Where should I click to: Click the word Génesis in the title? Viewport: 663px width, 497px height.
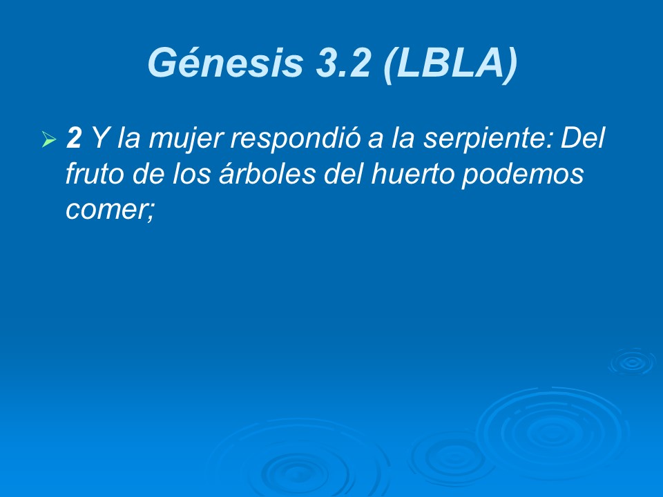click(225, 64)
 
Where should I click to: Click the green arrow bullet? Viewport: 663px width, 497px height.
click(48, 141)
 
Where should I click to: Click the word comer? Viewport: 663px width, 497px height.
click(106, 209)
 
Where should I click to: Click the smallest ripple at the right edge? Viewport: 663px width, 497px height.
click(631, 362)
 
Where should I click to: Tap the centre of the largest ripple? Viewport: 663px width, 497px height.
click(552, 431)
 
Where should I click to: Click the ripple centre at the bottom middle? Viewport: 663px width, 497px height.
click(297, 469)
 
